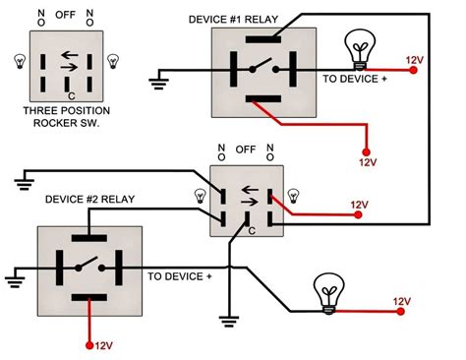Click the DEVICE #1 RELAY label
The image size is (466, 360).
point(233,20)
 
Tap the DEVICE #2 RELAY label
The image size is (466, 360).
point(89,200)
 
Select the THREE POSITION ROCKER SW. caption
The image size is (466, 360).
point(67,117)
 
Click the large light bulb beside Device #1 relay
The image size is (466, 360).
point(360,49)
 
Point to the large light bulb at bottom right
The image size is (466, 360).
point(328,294)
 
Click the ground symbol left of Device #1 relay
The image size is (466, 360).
point(159,80)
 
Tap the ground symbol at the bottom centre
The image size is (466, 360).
point(229,322)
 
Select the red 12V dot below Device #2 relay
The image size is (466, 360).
point(89,345)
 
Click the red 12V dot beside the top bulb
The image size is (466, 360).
point(414,70)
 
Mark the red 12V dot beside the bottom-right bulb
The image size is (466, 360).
point(400,311)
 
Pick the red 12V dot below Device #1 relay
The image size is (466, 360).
point(366,152)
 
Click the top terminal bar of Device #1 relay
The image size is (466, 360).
point(263,39)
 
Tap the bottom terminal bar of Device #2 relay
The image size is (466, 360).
point(89,297)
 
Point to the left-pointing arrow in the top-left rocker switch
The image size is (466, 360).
point(70,55)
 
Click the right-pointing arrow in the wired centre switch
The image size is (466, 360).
point(250,202)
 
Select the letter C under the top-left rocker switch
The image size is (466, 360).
point(72,96)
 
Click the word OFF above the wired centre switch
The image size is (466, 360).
point(246,150)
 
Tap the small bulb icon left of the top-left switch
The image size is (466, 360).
point(20,61)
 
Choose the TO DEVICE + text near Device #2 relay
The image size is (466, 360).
point(180,276)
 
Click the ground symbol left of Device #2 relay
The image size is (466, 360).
point(15,278)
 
